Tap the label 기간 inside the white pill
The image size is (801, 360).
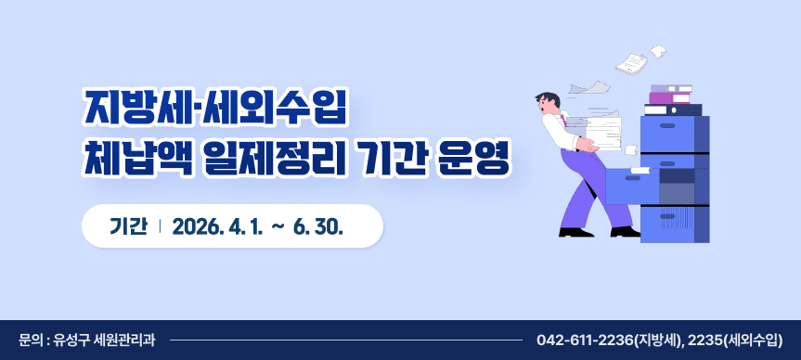point(128,226)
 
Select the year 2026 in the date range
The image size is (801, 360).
point(197,226)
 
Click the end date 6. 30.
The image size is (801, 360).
point(319,226)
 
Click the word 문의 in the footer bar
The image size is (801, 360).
point(30,340)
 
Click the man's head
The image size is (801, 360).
point(549,103)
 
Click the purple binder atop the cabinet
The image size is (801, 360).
point(670,97)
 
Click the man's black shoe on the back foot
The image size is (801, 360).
point(575,232)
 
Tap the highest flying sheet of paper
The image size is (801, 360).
point(658,49)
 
